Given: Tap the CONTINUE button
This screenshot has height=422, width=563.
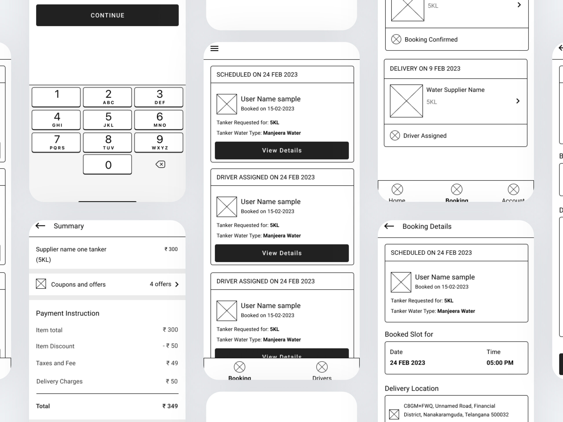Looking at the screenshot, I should (x=107, y=15).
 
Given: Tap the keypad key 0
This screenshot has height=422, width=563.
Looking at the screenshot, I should (x=107, y=165).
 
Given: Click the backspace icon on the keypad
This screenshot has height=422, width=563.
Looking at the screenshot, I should (x=160, y=164).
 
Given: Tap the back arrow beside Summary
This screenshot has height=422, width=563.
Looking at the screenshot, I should (x=40, y=226).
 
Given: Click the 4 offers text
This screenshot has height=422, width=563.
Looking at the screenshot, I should (x=160, y=284).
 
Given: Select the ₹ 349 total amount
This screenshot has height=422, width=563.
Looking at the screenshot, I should (x=170, y=406).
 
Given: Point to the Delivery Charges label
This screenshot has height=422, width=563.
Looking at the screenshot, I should (x=59, y=381).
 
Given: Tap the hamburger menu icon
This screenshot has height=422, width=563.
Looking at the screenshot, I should (x=214, y=48).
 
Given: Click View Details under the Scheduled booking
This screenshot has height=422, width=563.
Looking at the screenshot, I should (x=282, y=150).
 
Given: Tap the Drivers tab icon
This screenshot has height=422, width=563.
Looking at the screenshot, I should (x=322, y=367).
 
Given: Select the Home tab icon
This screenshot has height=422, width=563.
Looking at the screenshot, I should (x=397, y=189).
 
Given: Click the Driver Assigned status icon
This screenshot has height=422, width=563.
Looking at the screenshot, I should (x=395, y=135).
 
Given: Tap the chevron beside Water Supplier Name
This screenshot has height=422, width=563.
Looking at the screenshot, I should (x=518, y=101).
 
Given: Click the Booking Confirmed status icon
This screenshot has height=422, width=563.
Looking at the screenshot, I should (x=396, y=39).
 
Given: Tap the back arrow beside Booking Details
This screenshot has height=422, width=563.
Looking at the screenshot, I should (x=389, y=226).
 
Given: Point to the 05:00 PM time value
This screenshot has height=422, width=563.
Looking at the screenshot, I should (x=500, y=363).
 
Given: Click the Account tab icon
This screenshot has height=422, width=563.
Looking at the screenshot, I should (x=513, y=189).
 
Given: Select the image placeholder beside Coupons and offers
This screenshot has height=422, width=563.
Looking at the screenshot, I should (x=41, y=284).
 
